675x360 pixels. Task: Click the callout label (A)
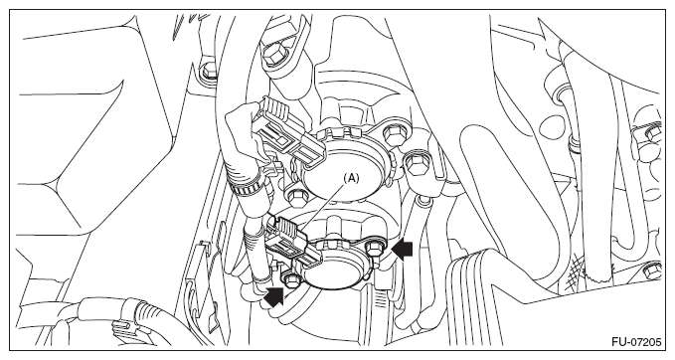(x=350, y=178)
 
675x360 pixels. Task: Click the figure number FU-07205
(x=636, y=342)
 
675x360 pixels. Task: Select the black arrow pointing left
(x=402, y=251)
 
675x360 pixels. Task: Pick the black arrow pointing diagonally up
(x=274, y=297)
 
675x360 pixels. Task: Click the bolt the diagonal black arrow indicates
(x=290, y=279)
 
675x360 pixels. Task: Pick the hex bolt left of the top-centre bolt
(x=209, y=70)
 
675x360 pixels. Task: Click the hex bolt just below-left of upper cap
(x=295, y=197)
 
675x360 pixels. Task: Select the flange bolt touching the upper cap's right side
(x=392, y=135)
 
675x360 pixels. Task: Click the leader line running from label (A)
(x=323, y=206)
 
